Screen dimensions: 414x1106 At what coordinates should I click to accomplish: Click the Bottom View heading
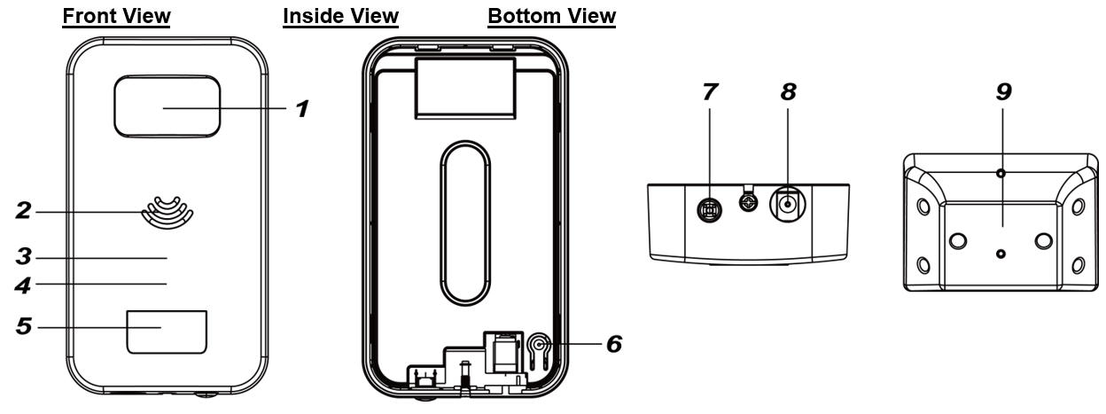[x=551, y=17]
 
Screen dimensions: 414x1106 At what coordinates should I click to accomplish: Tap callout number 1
[x=301, y=109]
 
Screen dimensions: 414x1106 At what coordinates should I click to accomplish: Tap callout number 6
[x=613, y=343]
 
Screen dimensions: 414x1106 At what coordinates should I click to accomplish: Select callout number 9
[x=1002, y=91]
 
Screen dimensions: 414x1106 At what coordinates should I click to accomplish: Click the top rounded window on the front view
[x=167, y=105]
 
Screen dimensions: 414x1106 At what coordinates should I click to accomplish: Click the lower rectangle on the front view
[x=167, y=332]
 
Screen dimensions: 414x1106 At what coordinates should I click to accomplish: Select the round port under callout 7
[x=708, y=209]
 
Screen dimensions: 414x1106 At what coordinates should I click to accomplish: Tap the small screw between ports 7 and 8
[x=748, y=203]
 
